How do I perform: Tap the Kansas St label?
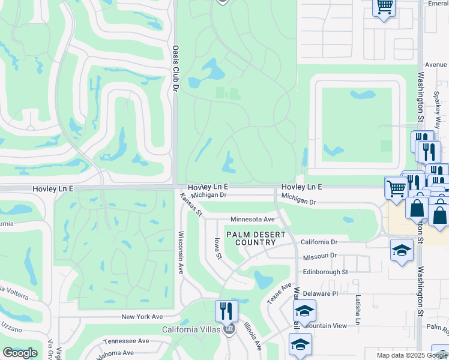point(191,203)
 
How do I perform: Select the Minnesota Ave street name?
point(252,220)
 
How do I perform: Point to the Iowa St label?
point(218,248)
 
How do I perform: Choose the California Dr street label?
point(319,242)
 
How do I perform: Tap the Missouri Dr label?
point(320,255)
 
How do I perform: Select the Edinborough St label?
point(325,272)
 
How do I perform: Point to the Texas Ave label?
point(279,293)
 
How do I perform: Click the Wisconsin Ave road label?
point(180,253)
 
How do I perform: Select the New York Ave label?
point(142,316)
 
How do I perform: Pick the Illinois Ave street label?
point(252,336)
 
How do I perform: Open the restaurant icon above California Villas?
point(226,311)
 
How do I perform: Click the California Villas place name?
point(190,329)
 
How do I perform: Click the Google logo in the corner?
point(20,353)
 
